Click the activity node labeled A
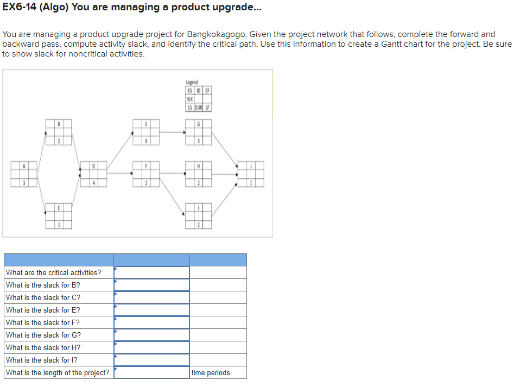pos(24,174)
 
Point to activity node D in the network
pos(93,174)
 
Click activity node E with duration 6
pos(146,132)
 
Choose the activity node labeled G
pos(199,132)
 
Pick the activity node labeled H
pos(199,174)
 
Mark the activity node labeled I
pos(199,216)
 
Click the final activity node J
pos(251,174)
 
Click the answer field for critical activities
pos(151,272)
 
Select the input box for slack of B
pos(151,285)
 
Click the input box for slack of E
pos(151,310)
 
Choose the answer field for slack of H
pos(151,347)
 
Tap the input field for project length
pos(151,372)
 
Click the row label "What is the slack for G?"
pos(43,335)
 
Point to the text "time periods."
pos(211,373)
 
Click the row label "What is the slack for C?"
pos(43,297)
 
